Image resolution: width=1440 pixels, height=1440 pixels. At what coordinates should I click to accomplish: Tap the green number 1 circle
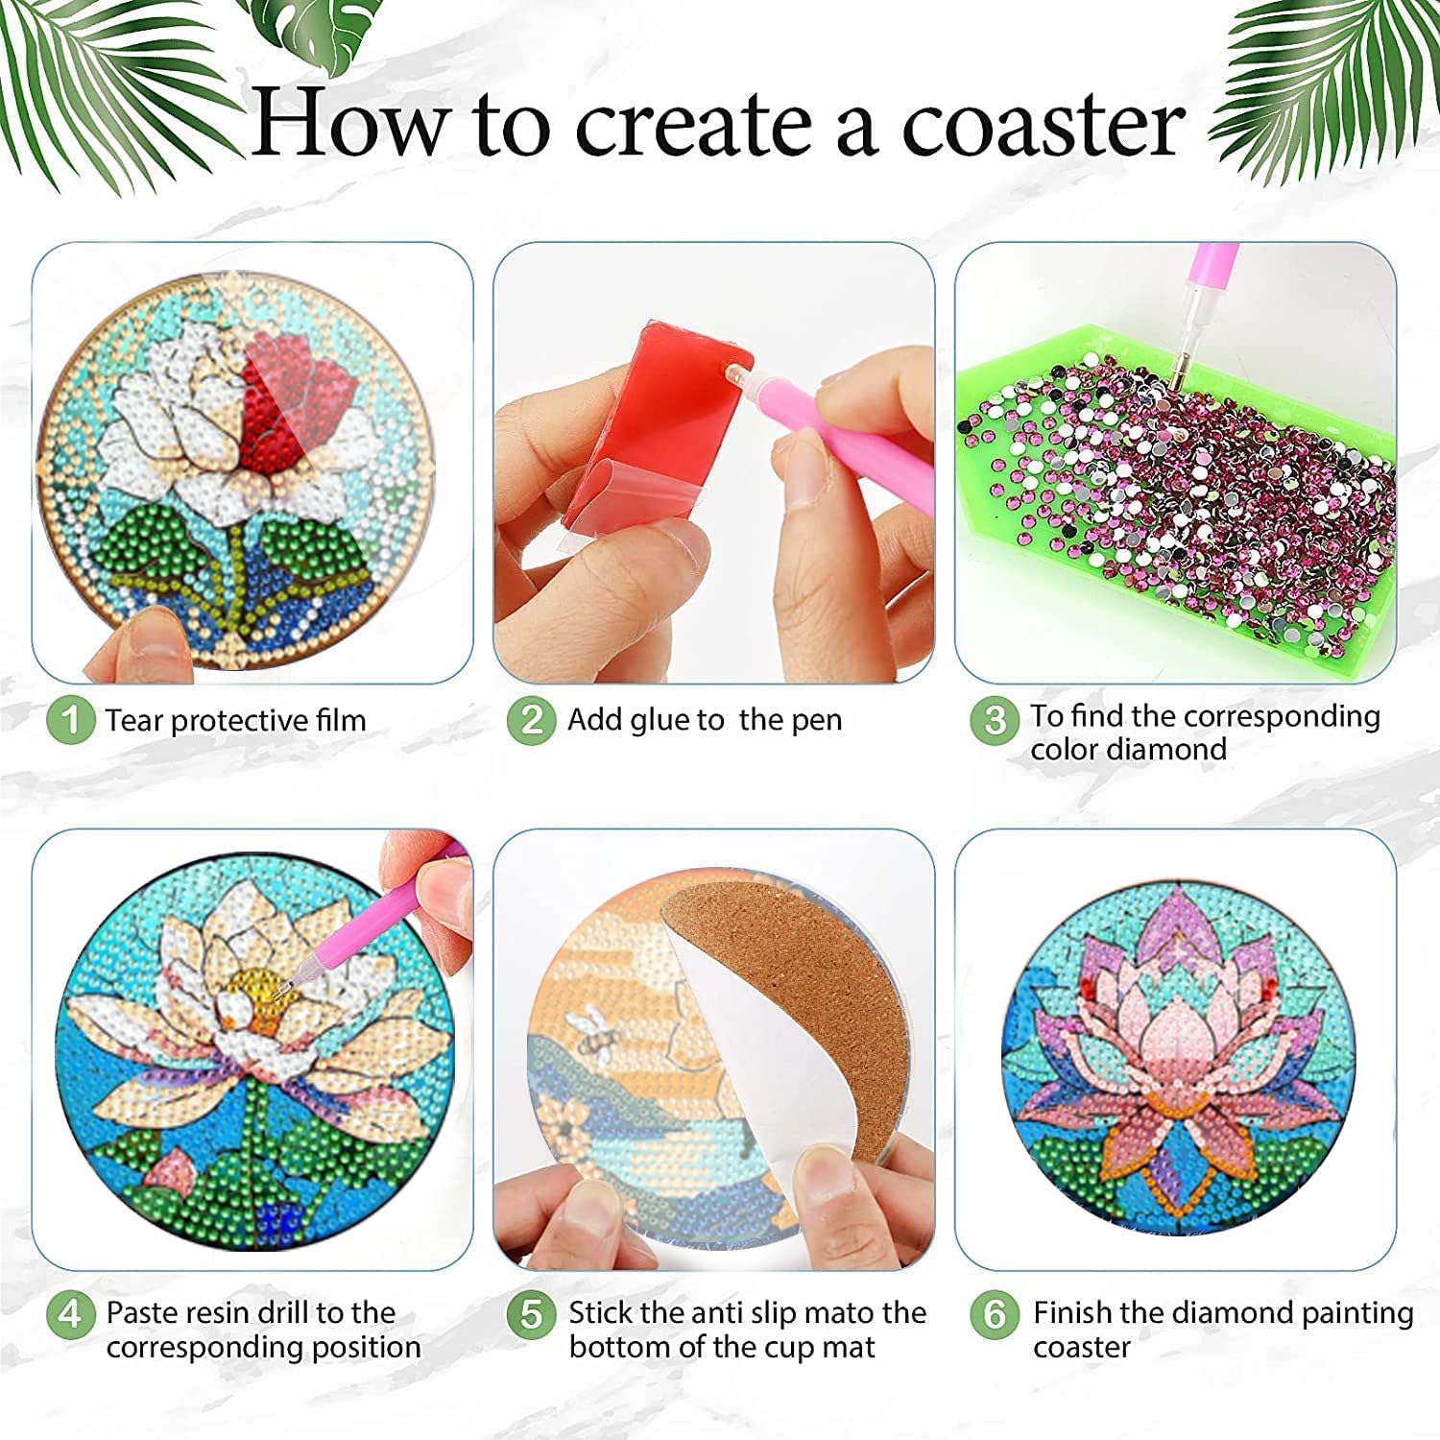pyautogui.click(x=70, y=720)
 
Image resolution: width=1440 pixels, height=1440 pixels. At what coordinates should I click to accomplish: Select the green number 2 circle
pyautogui.click(x=532, y=720)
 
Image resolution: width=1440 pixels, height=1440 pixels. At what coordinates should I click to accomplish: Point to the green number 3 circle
pyautogui.click(x=995, y=720)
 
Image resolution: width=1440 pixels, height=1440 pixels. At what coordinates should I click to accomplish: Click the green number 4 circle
pyautogui.click(x=70, y=1314)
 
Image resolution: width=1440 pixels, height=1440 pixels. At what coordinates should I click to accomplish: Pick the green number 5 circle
pyautogui.click(x=532, y=1314)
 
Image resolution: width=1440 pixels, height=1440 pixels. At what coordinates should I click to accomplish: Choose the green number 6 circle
pyautogui.click(x=995, y=1314)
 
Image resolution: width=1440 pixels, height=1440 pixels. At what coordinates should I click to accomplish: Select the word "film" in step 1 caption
pyautogui.click(x=342, y=720)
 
